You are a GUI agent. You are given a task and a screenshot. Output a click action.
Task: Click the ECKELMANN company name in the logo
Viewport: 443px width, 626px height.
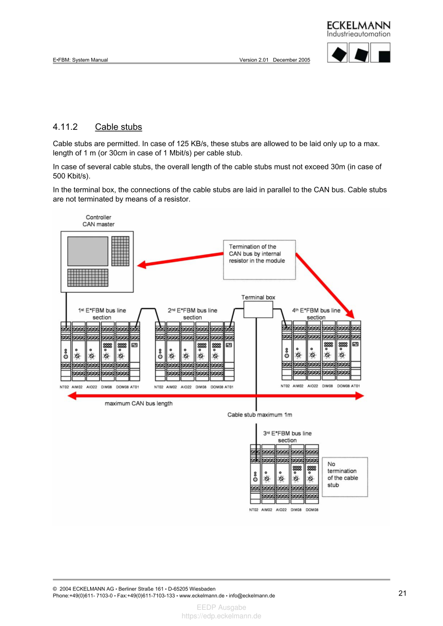(x=358, y=25)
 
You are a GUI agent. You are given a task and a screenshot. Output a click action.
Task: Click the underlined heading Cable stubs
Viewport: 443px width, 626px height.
(x=118, y=127)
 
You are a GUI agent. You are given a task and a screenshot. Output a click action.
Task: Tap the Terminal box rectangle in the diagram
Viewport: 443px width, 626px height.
(x=258, y=309)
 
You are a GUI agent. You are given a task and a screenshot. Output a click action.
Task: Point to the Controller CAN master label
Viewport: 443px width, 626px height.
(x=98, y=221)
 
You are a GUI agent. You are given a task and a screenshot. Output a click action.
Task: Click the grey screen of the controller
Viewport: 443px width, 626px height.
(x=88, y=251)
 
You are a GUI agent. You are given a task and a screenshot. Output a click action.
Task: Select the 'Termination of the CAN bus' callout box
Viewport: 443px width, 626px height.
(x=259, y=260)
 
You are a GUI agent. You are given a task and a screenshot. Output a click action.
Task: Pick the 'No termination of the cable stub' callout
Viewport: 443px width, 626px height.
(x=345, y=476)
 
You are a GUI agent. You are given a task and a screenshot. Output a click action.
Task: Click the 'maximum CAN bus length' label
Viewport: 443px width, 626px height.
(x=139, y=404)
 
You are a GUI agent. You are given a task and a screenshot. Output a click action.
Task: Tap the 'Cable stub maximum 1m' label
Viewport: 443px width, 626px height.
(x=260, y=415)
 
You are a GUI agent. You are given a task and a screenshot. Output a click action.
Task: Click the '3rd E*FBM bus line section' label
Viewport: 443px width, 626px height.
(x=287, y=437)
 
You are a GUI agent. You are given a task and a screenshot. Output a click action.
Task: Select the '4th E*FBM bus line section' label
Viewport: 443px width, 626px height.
(x=316, y=314)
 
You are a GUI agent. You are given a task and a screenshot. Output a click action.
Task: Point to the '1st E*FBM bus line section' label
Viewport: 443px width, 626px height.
(x=102, y=314)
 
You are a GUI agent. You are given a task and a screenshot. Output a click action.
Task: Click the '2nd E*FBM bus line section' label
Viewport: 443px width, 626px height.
(x=192, y=314)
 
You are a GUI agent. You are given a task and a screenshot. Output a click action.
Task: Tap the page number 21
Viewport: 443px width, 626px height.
(x=402, y=593)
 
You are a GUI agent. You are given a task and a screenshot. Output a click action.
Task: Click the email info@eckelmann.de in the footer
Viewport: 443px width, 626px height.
(x=252, y=595)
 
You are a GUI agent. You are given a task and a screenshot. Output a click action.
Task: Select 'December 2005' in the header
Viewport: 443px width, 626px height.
(x=291, y=60)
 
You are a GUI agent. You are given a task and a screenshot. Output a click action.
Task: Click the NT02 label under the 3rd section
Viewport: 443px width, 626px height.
(x=254, y=509)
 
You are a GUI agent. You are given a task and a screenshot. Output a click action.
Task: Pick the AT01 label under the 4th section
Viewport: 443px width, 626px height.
(x=355, y=386)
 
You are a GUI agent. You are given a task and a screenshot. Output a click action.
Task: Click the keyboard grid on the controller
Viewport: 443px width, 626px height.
(x=91, y=277)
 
